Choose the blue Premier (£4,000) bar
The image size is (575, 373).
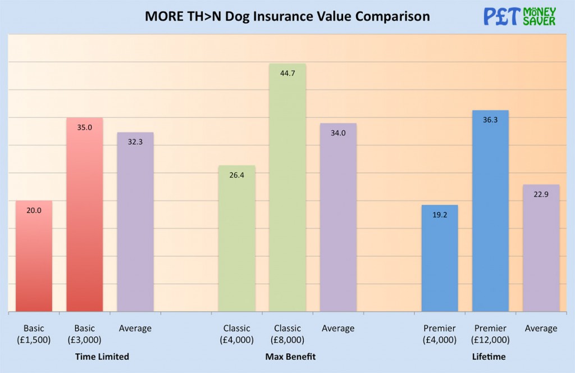tap(440, 258)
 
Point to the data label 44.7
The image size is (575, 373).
tap(287, 72)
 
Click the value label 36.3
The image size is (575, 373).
tap(490, 119)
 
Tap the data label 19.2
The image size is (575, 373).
tap(440, 214)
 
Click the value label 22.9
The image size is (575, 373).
tap(541, 194)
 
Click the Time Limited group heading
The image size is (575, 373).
tap(102, 357)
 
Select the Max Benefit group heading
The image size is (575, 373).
tap(290, 357)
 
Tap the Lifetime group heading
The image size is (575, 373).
tap(489, 357)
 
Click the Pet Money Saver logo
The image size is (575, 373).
tap(519, 16)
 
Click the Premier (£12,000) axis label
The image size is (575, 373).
tap(490, 334)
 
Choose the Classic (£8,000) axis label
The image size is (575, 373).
tap(287, 334)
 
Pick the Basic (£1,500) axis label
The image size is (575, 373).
tap(34, 334)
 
